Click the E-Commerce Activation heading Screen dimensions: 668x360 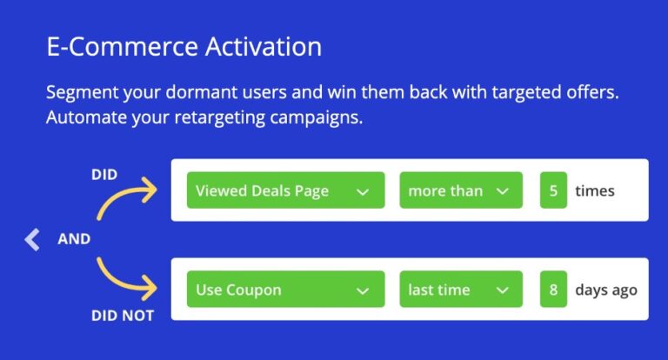(x=184, y=46)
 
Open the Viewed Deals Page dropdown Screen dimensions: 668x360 (x=285, y=190)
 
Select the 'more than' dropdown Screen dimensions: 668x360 (x=461, y=190)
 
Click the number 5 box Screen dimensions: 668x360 (x=553, y=190)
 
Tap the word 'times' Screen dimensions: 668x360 (x=595, y=190)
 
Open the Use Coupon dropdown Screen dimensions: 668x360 (x=285, y=289)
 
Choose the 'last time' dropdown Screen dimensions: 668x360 (x=461, y=289)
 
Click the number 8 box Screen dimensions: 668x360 (x=553, y=289)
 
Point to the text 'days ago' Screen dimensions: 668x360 (x=606, y=290)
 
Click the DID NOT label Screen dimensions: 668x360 (x=123, y=316)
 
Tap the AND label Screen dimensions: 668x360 (x=74, y=239)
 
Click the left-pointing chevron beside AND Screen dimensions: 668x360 (x=32, y=239)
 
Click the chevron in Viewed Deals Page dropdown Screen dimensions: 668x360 (x=363, y=192)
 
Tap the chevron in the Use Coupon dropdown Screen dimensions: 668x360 (x=363, y=291)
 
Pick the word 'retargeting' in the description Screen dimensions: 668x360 (x=220, y=117)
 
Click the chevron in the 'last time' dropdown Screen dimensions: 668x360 (x=503, y=291)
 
